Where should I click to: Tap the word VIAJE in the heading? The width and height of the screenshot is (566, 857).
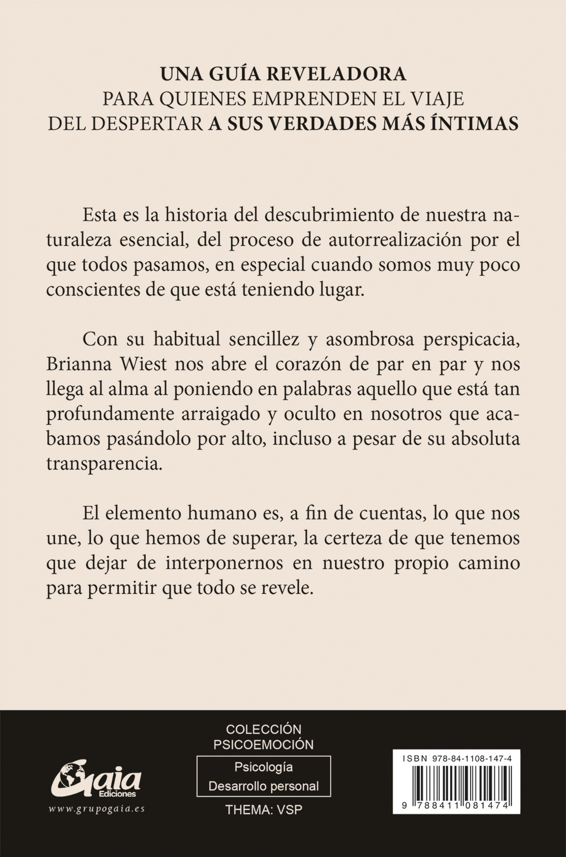click(x=436, y=99)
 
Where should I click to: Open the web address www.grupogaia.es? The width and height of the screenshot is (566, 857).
click(x=97, y=809)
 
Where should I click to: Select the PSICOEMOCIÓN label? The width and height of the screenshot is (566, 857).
click(x=263, y=744)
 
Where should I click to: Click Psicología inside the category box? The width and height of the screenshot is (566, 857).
click(x=264, y=767)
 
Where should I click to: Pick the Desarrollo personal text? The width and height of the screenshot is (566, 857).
click(x=264, y=786)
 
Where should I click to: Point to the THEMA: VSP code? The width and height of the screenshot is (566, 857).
click(x=264, y=810)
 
